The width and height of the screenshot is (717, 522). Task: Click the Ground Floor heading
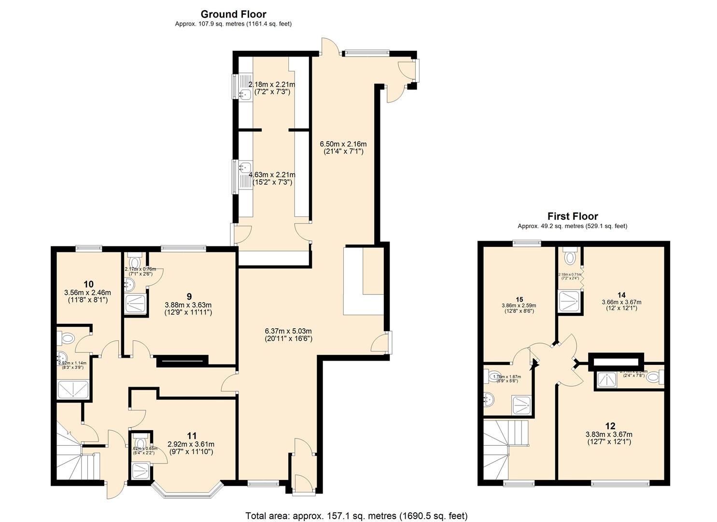[x=233, y=14]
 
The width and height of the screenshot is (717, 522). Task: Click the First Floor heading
[x=572, y=216]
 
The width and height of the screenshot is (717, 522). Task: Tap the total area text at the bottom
[x=356, y=516]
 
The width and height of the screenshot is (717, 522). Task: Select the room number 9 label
[x=189, y=296]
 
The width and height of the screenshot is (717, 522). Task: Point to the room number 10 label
[x=88, y=284]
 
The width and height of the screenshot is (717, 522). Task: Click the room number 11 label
[x=192, y=435]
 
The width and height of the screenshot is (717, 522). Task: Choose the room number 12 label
[x=610, y=426]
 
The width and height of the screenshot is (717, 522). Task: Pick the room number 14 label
[x=621, y=294]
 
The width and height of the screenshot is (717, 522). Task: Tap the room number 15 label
[x=519, y=299]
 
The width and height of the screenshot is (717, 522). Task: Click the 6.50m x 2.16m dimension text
[x=343, y=144]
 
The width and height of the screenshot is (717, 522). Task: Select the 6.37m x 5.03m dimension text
[x=288, y=331]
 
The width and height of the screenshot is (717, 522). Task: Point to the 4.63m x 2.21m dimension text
[x=272, y=174]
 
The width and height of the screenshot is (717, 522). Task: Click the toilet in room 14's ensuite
[x=570, y=256]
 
